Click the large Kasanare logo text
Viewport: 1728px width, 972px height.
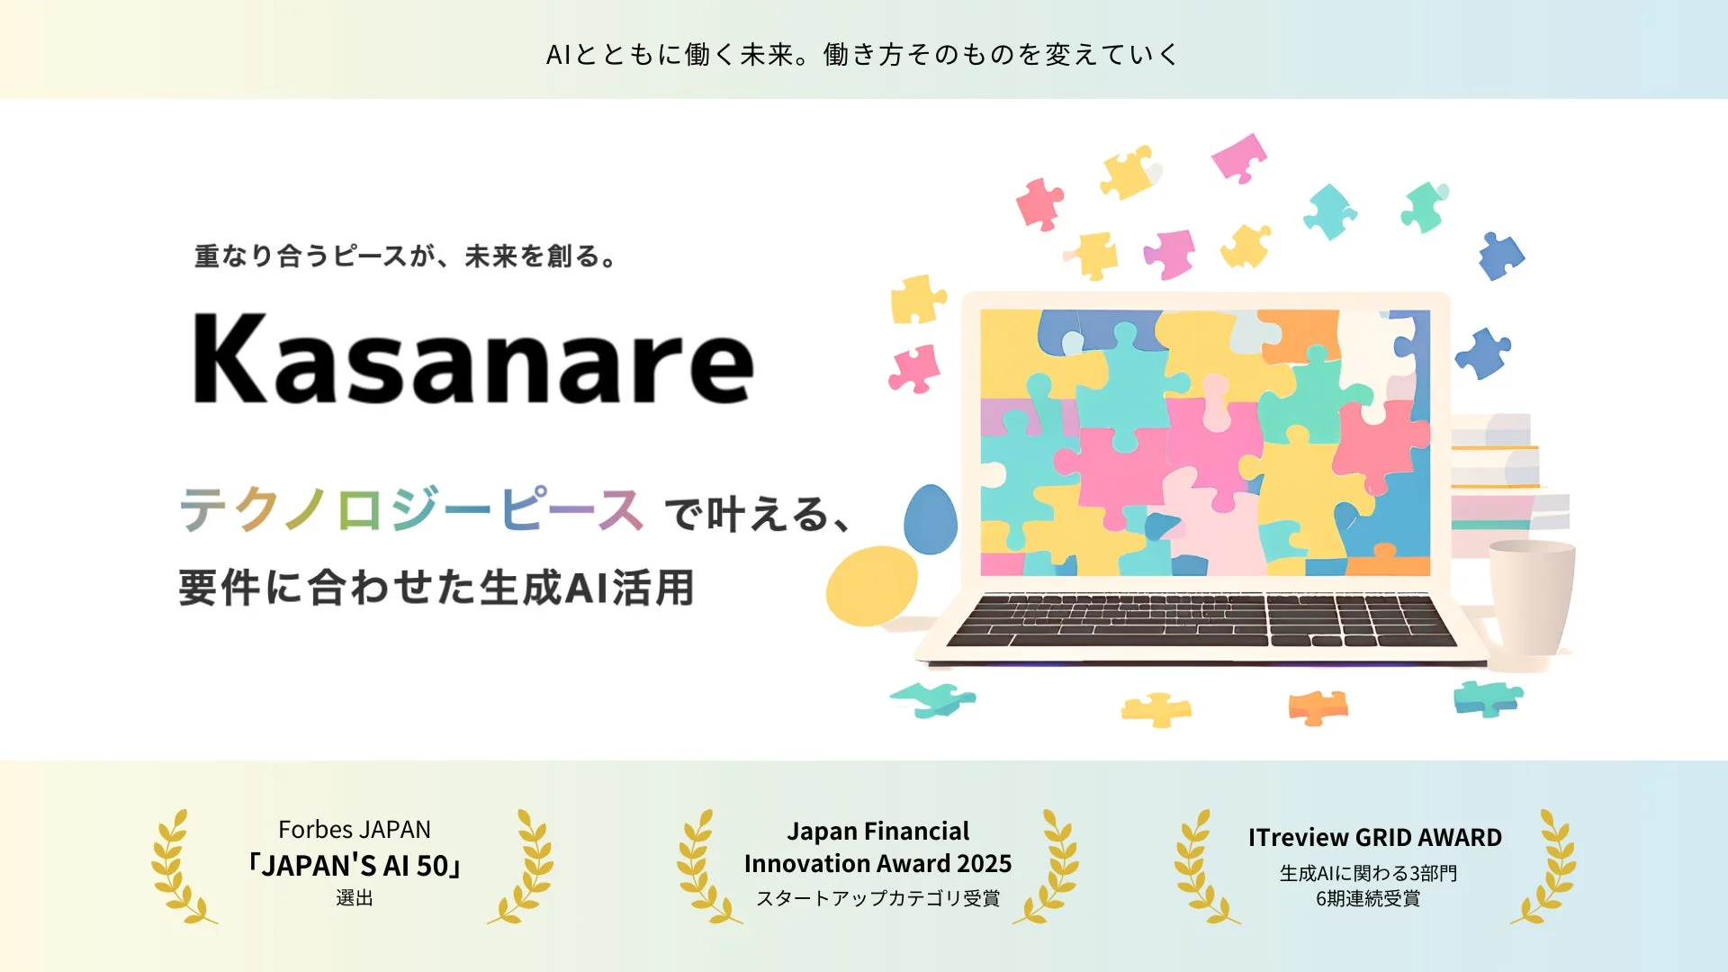coord(472,360)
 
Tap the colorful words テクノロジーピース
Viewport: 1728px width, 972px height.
coord(411,510)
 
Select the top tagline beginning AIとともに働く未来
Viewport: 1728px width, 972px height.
coord(862,55)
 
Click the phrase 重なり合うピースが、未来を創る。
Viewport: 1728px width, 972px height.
coord(405,256)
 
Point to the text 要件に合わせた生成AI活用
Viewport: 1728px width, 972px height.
coord(436,588)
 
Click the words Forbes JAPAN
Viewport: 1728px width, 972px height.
coord(355,829)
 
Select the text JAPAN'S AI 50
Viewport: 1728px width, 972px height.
coord(355,866)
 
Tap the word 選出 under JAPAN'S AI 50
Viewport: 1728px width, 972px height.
coord(355,898)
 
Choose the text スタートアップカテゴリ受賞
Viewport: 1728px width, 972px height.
coord(877,898)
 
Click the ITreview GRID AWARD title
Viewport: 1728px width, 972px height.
coord(1374,838)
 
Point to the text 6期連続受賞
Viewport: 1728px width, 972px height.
coord(1368,898)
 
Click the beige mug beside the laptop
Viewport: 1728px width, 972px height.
coord(1530,603)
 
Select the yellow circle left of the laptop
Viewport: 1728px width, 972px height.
coord(871,586)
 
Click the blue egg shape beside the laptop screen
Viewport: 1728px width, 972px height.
coord(930,519)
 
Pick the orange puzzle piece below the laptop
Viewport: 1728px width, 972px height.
coord(1318,707)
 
